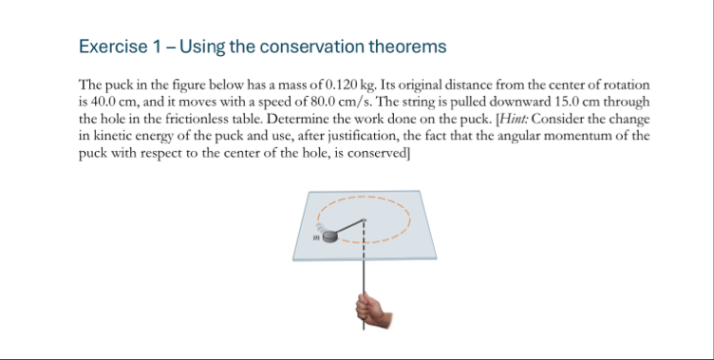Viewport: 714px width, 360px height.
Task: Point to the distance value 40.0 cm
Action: tap(99, 98)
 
